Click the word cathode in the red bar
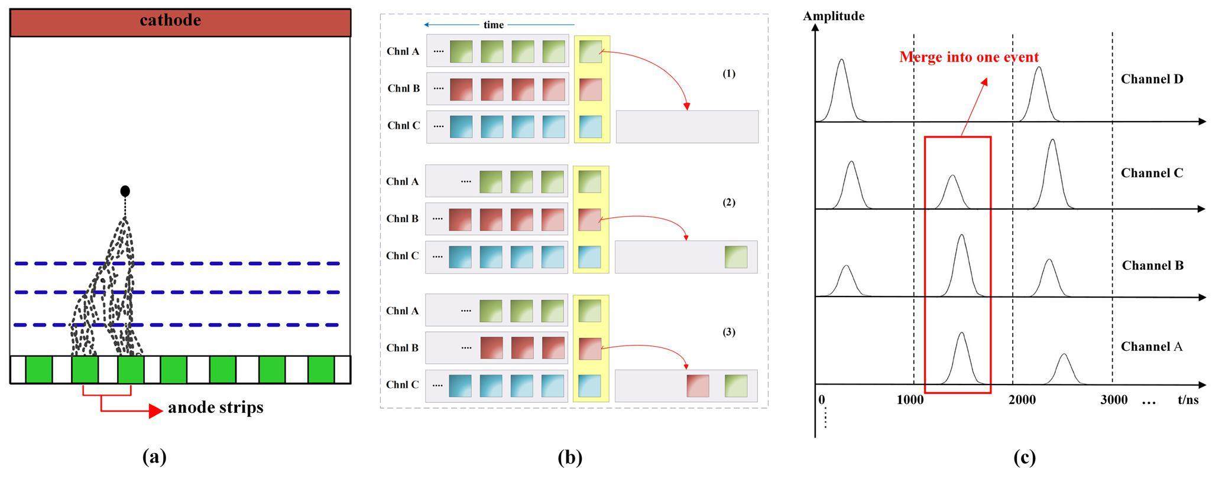coord(170,21)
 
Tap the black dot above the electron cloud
coord(125,191)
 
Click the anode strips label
coord(216,408)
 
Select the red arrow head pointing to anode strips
coord(155,410)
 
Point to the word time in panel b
coord(494,25)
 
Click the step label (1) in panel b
coord(729,74)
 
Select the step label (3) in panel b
coord(729,332)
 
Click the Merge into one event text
coord(969,57)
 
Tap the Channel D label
coord(1152,79)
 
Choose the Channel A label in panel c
coord(1152,347)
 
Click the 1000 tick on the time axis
coord(910,400)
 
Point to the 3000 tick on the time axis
coord(1114,400)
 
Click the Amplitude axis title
coord(834,16)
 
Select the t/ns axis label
coord(1188,400)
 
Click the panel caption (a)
coord(155,457)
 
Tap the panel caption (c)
coord(1025,457)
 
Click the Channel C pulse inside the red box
coord(952,192)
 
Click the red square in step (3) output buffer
coord(698,386)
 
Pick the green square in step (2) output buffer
coord(736,257)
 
